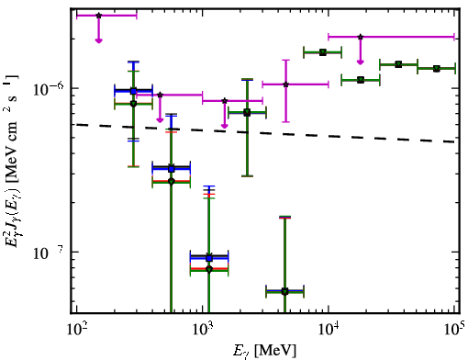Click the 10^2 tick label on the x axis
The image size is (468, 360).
click(x=77, y=330)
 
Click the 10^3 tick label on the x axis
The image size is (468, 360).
click(x=203, y=330)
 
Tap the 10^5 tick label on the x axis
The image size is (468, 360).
click(x=454, y=330)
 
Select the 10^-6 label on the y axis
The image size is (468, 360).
click(x=49, y=89)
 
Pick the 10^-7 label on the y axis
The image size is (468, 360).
click(x=49, y=253)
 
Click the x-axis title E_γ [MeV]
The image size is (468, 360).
click(x=264, y=351)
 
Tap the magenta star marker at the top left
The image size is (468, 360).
click(x=98, y=16)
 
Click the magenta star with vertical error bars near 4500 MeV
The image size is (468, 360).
click(x=286, y=84)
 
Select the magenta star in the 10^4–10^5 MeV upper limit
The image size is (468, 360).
click(x=361, y=37)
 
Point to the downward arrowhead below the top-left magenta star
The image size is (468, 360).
click(x=98, y=40)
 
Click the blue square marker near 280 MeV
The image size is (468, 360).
click(x=133, y=91)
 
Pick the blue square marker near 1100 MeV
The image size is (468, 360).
click(x=209, y=258)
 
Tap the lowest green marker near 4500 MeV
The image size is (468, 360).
click(x=285, y=292)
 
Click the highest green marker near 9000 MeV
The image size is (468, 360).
click(x=323, y=52)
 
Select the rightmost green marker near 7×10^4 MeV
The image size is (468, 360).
click(x=437, y=69)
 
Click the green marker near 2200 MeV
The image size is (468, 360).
click(x=247, y=113)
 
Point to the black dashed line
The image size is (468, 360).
click(x=265, y=133)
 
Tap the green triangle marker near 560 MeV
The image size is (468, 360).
click(x=172, y=182)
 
